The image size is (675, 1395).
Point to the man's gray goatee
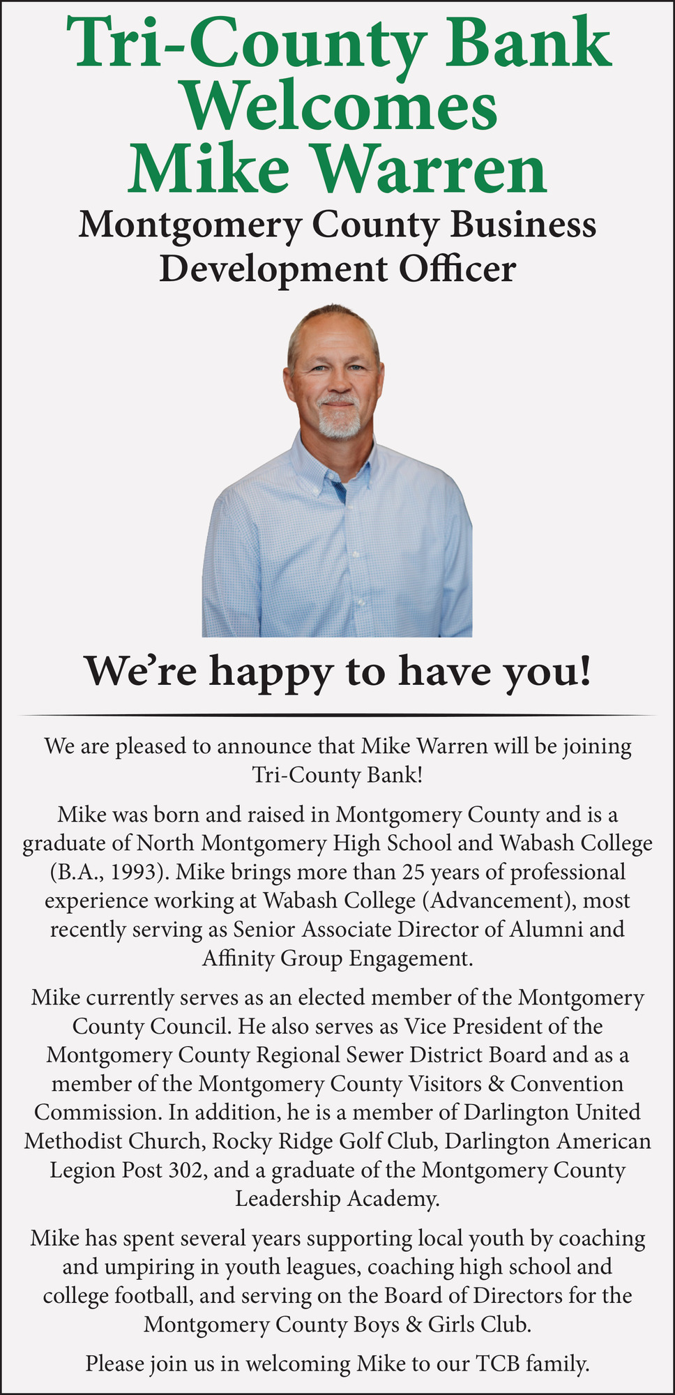(340, 421)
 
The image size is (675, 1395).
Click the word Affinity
(237, 958)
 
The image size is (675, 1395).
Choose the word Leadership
(289, 1199)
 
